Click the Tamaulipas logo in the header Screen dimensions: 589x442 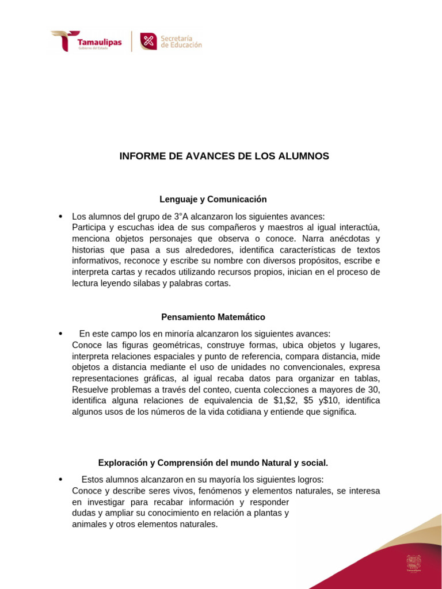coord(86,41)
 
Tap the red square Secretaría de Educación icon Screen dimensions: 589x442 coord(148,41)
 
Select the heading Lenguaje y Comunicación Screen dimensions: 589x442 coord(213,199)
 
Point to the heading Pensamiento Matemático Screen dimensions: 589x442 coord(213,317)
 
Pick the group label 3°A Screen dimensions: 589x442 coord(181,216)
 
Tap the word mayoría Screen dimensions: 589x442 coord(208,479)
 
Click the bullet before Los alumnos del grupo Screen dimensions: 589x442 coord(60,216)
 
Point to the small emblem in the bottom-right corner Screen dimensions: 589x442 coord(413,563)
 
